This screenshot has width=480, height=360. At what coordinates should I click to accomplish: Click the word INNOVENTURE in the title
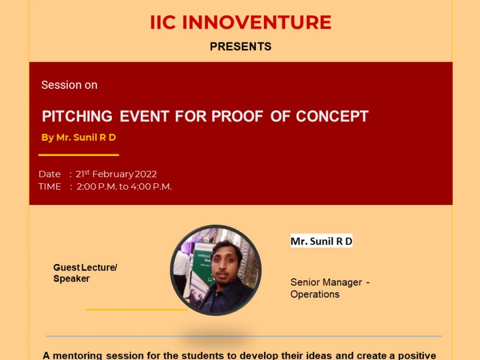(x=256, y=22)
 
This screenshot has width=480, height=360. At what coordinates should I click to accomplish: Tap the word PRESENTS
(x=241, y=46)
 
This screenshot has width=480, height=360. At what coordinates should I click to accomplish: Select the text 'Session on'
(x=69, y=85)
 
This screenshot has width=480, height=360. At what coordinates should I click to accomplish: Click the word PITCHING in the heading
(x=77, y=116)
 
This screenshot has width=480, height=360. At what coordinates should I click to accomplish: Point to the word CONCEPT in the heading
(x=332, y=116)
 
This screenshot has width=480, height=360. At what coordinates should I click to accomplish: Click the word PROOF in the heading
(x=237, y=116)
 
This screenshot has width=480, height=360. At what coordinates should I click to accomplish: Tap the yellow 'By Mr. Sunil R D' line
(x=79, y=137)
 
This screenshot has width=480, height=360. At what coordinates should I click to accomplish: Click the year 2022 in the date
(x=146, y=174)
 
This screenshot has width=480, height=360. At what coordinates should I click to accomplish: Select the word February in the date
(x=113, y=174)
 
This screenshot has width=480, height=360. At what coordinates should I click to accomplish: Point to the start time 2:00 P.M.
(x=97, y=187)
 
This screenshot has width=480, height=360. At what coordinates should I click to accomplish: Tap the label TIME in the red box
(x=50, y=187)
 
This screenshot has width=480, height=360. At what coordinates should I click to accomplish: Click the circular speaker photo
(x=216, y=270)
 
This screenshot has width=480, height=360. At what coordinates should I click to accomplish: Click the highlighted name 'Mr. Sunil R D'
(x=321, y=241)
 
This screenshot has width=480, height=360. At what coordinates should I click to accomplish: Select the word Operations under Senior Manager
(x=315, y=294)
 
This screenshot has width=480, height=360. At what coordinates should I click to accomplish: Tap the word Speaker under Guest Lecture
(x=71, y=279)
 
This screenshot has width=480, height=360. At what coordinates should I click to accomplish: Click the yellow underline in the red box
(x=79, y=155)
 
